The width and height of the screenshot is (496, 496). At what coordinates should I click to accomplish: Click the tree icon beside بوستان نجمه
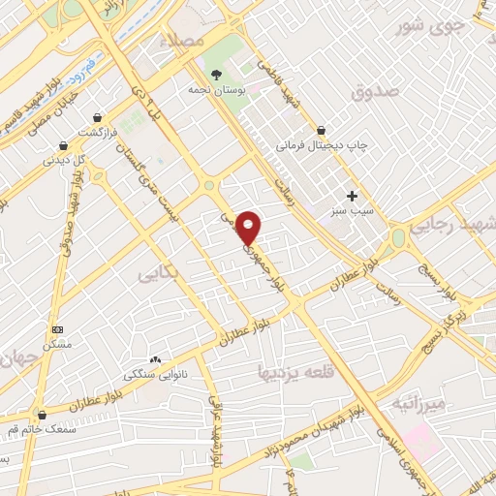click(215, 74)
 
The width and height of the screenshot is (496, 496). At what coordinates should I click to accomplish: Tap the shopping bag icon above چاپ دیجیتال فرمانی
click(321, 130)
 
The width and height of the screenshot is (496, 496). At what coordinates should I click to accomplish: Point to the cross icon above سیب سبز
click(352, 195)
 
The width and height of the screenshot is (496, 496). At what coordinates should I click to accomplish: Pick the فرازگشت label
click(98, 131)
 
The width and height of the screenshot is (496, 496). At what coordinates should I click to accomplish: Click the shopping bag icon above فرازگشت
click(98, 116)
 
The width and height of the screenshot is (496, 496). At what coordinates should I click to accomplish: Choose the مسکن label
click(58, 344)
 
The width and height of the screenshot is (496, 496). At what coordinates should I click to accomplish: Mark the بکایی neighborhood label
click(158, 274)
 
